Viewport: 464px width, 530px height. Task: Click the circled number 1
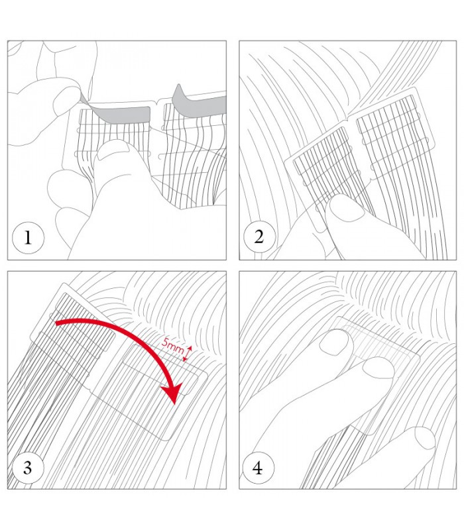28,238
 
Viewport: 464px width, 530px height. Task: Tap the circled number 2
259,237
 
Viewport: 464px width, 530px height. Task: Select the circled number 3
28,468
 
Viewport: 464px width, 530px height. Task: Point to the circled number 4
258,468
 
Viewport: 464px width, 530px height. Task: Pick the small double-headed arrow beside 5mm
187,353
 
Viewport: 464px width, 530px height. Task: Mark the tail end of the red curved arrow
56,323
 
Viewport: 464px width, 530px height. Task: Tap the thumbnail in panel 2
346,208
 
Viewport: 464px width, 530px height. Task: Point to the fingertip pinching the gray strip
70,96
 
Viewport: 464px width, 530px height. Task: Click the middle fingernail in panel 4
378,368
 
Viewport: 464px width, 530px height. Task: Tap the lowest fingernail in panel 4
424,438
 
